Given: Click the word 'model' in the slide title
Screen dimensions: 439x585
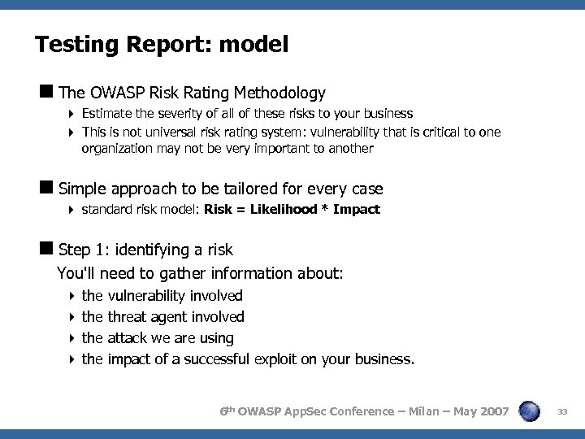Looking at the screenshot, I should (x=253, y=45).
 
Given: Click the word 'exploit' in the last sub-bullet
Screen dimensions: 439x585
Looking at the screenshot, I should (x=275, y=359).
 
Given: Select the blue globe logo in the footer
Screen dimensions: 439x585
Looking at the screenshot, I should (x=529, y=412).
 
